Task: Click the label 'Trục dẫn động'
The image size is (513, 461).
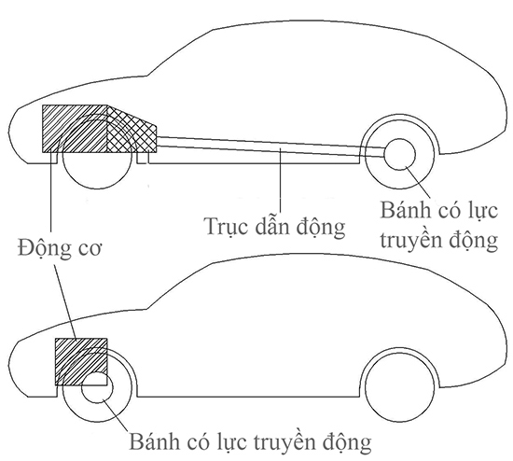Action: coord(274,227)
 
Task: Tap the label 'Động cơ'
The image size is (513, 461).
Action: coord(60,248)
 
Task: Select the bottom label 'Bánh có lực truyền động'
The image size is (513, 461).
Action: coord(250,442)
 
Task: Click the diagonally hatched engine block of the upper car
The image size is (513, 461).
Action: coord(75,129)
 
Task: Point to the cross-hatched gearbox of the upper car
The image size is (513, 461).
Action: coord(132,129)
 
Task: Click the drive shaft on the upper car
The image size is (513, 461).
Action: coord(270,147)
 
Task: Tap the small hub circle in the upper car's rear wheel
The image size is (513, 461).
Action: coord(399,154)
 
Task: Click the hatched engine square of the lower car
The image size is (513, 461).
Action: coord(81,362)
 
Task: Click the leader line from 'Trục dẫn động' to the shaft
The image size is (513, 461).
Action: coord(280,181)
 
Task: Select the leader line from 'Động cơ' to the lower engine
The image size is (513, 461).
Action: coord(64,301)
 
